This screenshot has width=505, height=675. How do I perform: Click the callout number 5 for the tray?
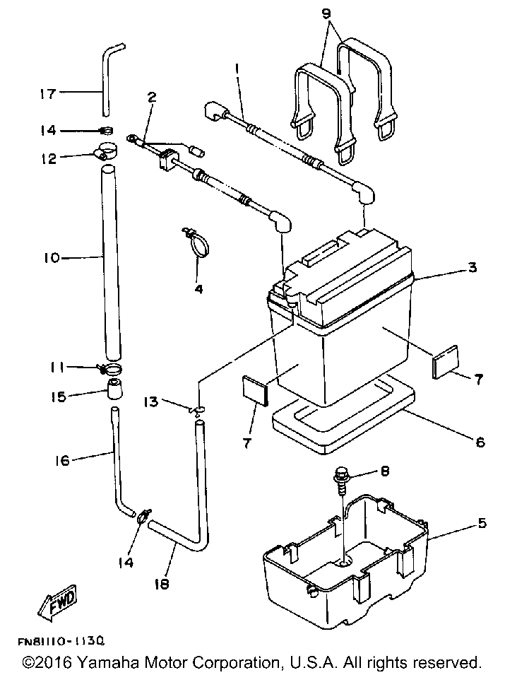pos(482,524)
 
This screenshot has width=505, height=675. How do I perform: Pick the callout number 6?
pos(480,442)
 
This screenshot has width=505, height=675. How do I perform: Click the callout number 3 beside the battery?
pos(473,268)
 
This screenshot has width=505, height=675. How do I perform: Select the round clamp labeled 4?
pos(198,243)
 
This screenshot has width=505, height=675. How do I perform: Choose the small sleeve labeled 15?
pos(114,391)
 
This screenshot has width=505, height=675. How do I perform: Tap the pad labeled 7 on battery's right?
pos(445,361)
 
